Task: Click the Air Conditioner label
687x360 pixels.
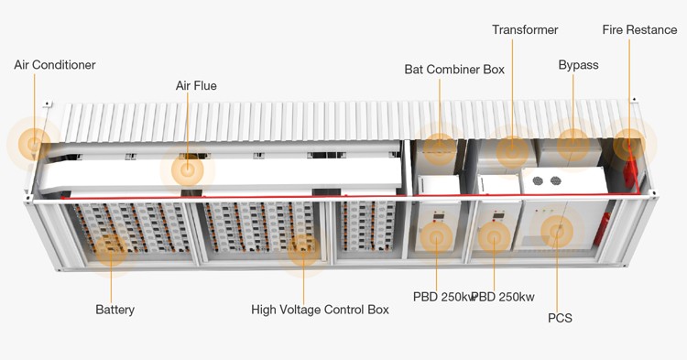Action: [55, 65]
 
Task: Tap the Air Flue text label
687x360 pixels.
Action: [196, 86]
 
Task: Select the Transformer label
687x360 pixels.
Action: [525, 30]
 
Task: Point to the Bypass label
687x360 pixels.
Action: [578, 65]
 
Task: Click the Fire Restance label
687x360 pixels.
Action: [639, 30]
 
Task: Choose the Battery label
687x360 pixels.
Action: [114, 310]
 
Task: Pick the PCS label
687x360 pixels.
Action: [560, 318]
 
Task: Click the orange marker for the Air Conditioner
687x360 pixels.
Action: [35, 144]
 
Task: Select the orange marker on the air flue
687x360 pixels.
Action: [188, 170]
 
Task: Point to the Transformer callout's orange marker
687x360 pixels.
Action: [513, 151]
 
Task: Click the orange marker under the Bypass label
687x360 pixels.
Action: [573, 144]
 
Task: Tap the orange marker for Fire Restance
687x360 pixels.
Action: [630, 144]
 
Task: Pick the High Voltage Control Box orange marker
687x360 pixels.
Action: [303, 249]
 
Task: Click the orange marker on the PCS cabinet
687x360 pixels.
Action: [558, 232]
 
